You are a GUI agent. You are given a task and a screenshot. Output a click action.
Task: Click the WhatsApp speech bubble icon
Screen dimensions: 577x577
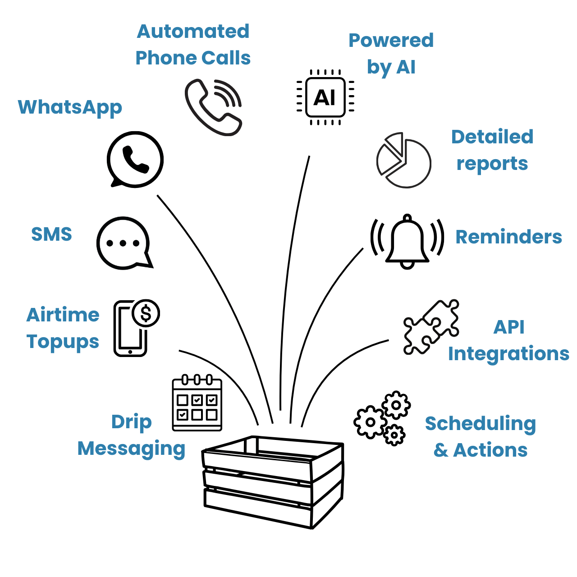[x=135, y=159]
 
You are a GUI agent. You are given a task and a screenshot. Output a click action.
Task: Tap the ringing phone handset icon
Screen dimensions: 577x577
[x=212, y=108]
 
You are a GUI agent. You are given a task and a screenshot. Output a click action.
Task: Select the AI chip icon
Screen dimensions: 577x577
[x=325, y=97]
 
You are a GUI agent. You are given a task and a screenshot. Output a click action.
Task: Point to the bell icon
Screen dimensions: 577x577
[x=407, y=242]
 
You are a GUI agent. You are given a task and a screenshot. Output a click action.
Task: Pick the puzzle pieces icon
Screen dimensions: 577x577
[x=430, y=327]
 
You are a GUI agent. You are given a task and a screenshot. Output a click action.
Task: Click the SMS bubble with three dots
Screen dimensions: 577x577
[x=124, y=243]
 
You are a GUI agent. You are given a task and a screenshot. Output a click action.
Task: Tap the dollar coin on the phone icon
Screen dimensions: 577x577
[x=146, y=313]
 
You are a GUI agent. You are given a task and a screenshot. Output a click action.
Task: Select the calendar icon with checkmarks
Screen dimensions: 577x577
[x=197, y=403]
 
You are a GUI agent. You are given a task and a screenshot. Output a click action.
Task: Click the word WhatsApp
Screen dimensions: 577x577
[x=70, y=108]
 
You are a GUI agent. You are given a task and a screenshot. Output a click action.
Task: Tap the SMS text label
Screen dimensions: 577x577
[x=51, y=234]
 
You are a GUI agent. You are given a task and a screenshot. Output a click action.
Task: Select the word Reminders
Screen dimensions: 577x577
[x=508, y=237]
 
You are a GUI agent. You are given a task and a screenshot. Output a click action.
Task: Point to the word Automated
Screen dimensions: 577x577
[x=193, y=32]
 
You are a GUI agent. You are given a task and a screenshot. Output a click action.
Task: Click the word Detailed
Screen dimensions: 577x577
[x=492, y=137]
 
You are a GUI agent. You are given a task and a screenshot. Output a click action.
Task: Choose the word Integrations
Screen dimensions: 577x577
[x=508, y=354]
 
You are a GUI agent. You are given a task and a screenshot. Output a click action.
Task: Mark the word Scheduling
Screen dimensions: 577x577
[x=481, y=424]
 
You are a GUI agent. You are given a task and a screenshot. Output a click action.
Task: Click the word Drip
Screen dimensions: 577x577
[x=131, y=422]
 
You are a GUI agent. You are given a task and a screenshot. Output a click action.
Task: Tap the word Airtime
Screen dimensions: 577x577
[x=63, y=315]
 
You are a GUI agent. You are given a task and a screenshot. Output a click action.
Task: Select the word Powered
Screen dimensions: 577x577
[x=391, y=41]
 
